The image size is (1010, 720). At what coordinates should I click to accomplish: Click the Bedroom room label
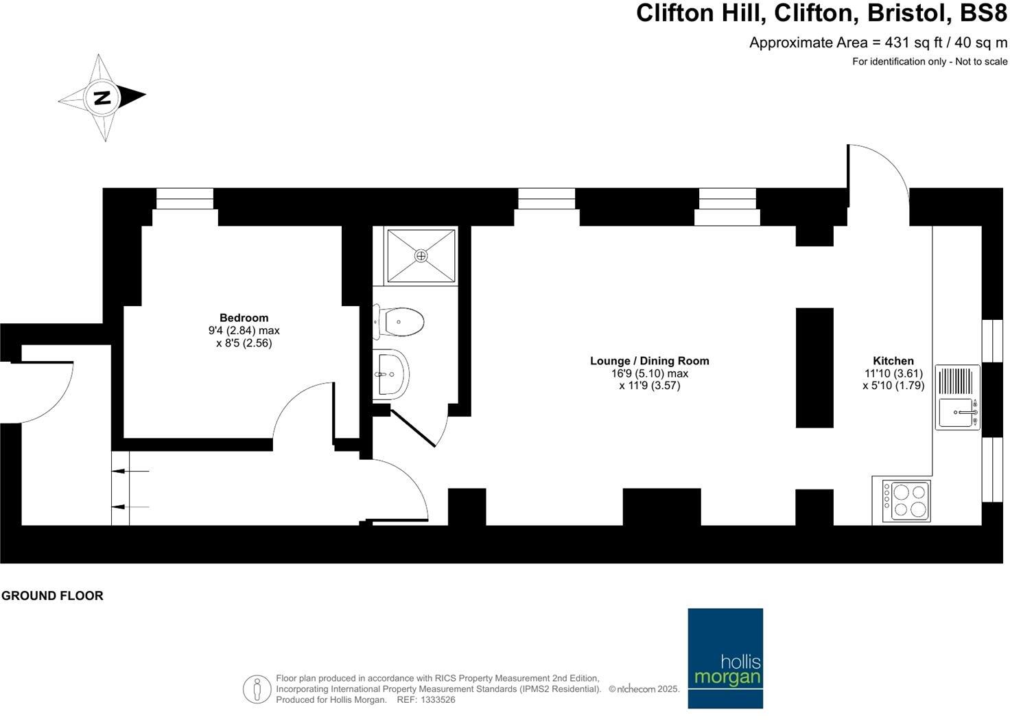[244, 318]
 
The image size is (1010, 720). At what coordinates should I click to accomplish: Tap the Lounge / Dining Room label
[649, 361]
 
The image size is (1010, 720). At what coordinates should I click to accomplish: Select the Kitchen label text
[893, 361]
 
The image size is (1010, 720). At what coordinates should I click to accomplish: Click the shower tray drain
[421, 255]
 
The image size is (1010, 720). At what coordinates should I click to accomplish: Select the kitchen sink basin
[955, 413]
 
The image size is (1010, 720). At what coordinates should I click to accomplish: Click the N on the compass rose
[102, 97]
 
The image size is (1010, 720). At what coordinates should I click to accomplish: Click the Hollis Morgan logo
[725, 658]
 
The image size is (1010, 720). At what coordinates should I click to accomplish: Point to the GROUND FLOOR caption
[52, 596]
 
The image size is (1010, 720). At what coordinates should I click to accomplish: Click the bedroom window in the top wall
[185, 199]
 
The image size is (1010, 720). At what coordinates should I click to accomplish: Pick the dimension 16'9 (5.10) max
[649, 374]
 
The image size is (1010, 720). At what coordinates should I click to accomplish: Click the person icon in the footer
[257, 688]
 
